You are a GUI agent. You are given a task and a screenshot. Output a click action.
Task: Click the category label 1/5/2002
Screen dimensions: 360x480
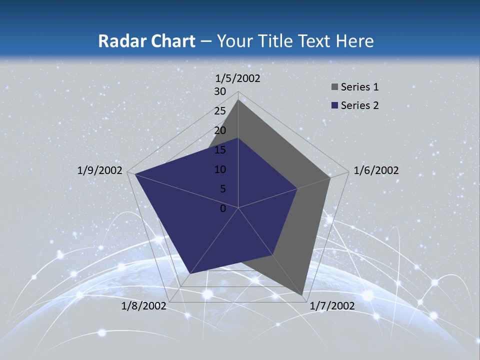238,78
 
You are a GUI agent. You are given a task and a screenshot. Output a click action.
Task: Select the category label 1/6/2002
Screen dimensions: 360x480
376,170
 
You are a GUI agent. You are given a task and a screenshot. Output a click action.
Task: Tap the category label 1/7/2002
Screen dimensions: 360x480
332,305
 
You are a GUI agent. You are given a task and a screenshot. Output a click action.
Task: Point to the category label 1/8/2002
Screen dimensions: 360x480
144,305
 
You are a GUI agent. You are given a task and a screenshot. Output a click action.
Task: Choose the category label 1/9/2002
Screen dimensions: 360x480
100,170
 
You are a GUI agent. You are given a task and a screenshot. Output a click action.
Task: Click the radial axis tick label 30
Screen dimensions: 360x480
220,91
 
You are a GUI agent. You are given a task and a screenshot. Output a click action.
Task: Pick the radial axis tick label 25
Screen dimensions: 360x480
220,111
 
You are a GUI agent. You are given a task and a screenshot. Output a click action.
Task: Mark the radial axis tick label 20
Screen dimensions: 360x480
220,130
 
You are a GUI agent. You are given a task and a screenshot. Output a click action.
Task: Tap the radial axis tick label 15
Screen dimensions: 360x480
220,150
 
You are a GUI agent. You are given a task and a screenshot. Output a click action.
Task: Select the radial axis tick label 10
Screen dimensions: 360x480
220,169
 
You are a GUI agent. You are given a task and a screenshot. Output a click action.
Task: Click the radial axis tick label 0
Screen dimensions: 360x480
223,208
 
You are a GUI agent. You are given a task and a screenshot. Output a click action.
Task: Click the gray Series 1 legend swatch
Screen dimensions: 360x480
334,87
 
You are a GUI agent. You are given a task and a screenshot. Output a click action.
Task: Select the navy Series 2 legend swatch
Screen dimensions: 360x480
334,105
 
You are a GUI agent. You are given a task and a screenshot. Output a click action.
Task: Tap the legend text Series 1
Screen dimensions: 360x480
359,87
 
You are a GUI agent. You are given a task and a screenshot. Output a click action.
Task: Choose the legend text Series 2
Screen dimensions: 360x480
359,105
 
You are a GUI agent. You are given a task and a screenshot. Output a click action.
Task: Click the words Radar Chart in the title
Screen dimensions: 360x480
146,41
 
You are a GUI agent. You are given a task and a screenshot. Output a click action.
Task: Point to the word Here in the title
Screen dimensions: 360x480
355,41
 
